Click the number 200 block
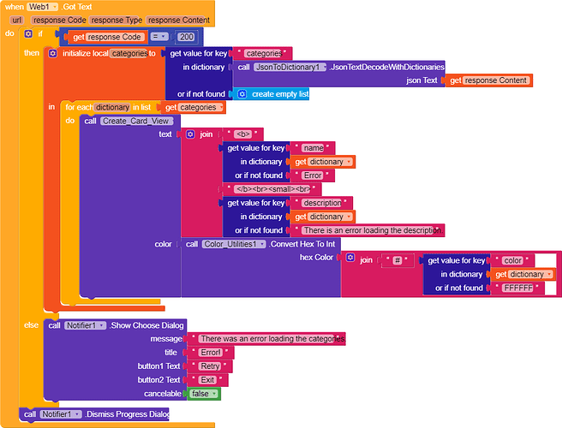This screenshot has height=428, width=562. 186,37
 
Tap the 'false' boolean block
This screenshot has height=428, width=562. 204,394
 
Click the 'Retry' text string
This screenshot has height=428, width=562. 209,366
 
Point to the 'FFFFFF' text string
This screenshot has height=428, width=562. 517,288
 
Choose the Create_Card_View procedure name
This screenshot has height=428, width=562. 137,121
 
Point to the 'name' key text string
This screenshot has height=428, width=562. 313,148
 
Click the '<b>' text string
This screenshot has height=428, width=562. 242,134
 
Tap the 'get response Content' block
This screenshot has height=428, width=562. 489,80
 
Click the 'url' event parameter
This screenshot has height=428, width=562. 17,20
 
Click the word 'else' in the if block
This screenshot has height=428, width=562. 31,326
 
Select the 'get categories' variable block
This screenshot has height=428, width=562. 192,108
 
